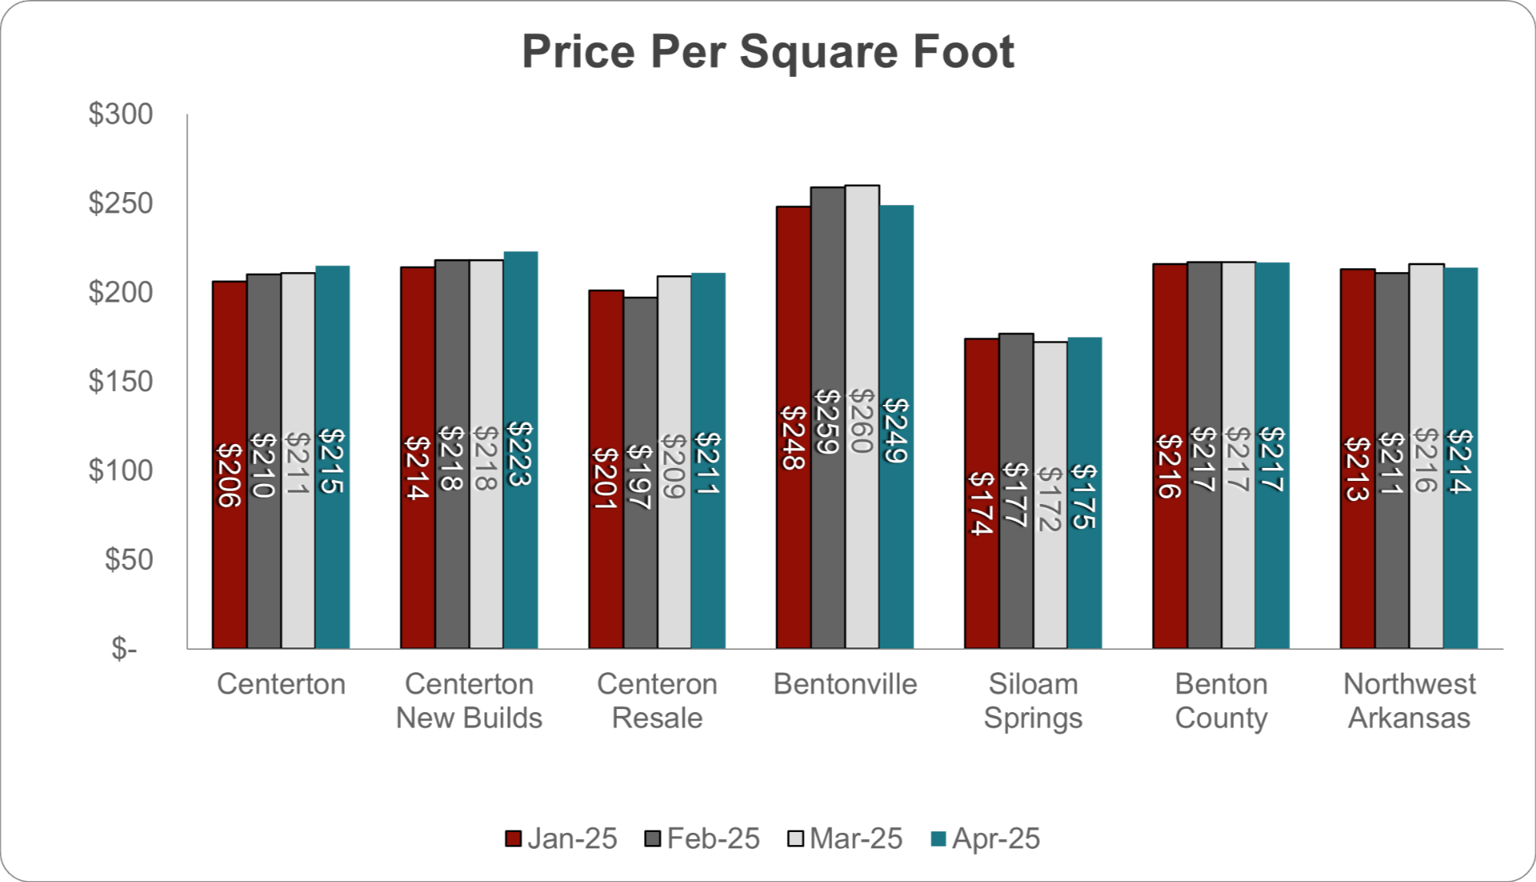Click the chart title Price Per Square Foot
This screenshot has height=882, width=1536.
coord(768,52)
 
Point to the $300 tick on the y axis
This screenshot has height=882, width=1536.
coord(121,114)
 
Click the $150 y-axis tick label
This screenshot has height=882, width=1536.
coord(121,381)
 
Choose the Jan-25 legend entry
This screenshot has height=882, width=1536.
coord(562,838)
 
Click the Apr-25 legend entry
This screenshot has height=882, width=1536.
coord(986,838)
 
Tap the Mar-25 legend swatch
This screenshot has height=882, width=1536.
coord(796,838)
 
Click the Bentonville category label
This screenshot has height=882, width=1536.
coord(845,684)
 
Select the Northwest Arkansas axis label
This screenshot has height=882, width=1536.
coord(1409,701)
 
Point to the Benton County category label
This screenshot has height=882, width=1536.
coord(1221,701)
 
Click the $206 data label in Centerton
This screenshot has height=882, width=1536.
coord(229,476)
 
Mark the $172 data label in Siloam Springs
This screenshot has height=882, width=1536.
coord(1050,499)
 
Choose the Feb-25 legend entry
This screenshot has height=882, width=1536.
coord(702,838)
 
